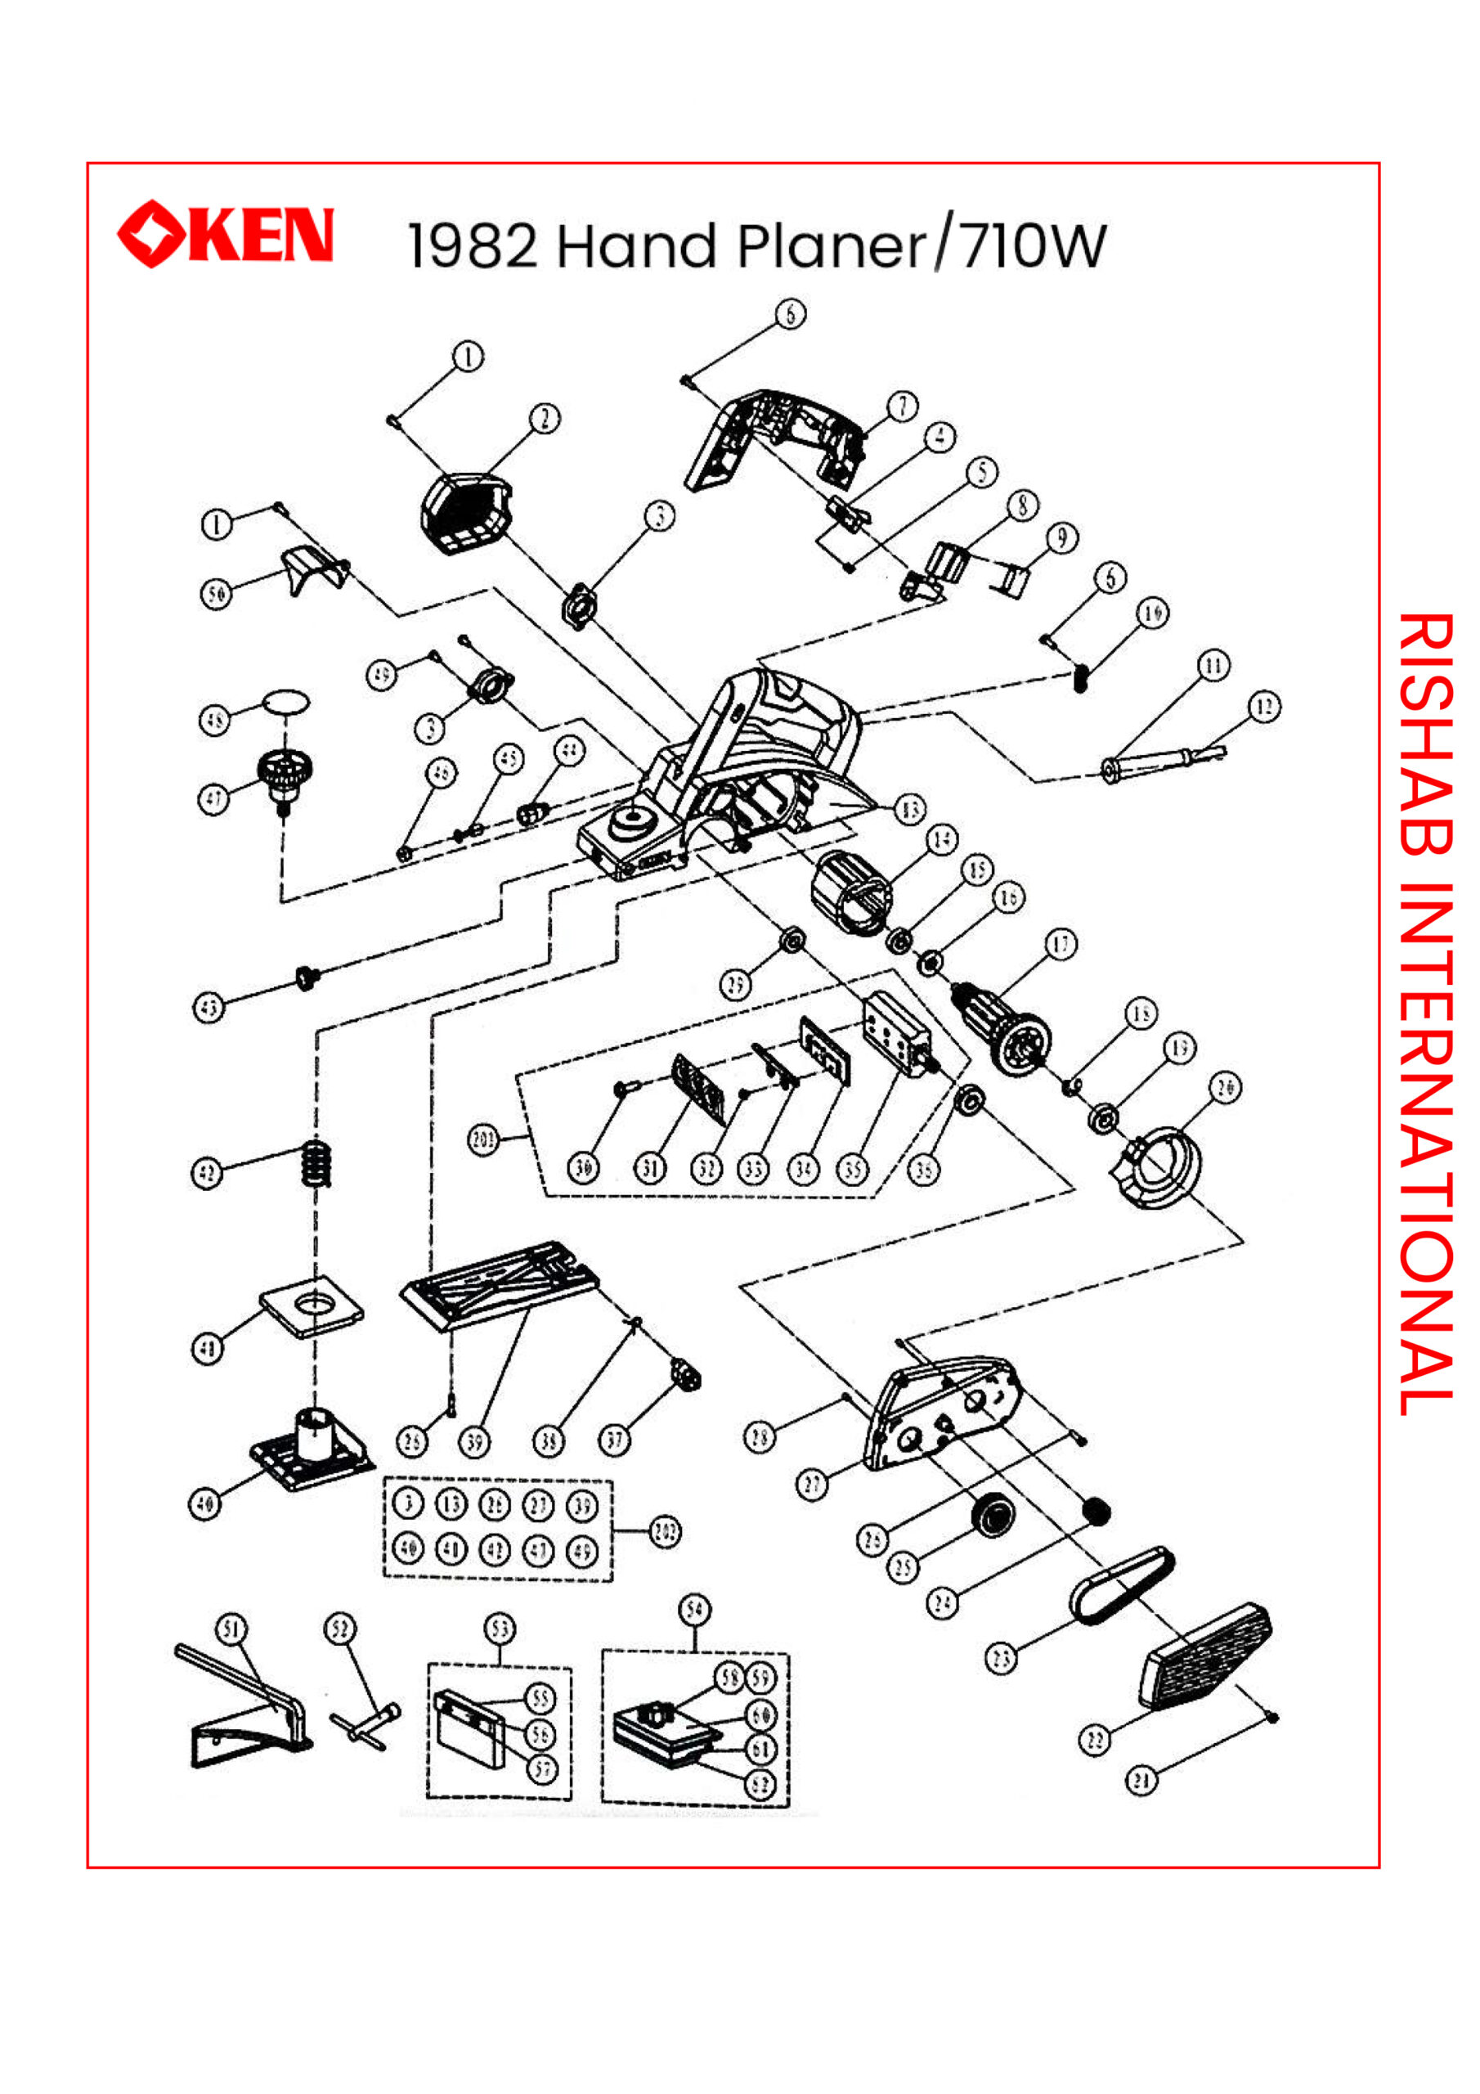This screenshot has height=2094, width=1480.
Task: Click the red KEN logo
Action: click(x=226, y=235)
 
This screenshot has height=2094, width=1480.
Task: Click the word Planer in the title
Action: click(x=832, y=246)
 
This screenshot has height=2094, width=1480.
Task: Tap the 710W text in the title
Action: click(x=1034, y=246)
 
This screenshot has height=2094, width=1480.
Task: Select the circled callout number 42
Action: click(x=207, y=1173)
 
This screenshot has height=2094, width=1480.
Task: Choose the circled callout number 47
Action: click(x=213, y=800)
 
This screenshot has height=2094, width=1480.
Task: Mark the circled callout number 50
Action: click(x=216, y=595)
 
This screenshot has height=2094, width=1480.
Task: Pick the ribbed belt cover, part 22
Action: click(x=1205, y=1657)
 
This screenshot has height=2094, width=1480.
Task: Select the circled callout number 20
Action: click(x=1225, y=1088)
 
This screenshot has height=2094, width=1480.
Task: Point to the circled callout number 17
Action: click(x=1061, y=944)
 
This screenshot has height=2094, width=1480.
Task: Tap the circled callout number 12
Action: click(x=1264, y=707)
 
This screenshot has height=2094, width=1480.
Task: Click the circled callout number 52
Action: click(x=340, y=1629)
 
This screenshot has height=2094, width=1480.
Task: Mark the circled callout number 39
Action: click(x=474, y=1442)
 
